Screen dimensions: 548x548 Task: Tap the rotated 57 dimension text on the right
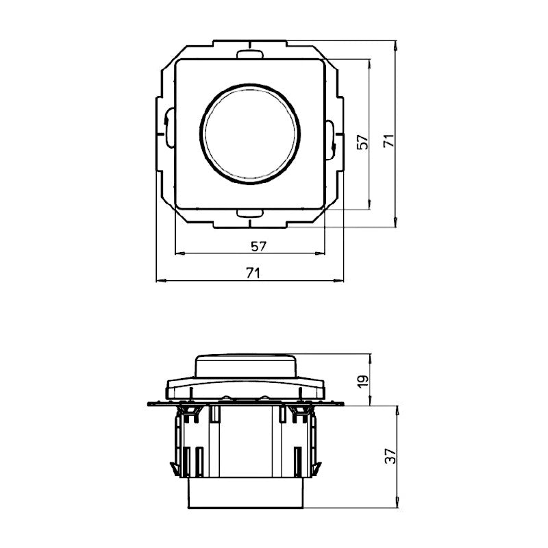(364, 141)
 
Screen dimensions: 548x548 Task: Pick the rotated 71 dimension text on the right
(388, 141)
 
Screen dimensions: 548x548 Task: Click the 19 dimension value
(364, 379)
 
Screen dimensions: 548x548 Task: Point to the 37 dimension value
(388, 457)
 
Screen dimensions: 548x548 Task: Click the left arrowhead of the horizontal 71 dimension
(160, 281)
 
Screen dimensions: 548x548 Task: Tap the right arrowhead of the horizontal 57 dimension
(321, 253)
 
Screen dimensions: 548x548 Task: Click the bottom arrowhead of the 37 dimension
(397, 507)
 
